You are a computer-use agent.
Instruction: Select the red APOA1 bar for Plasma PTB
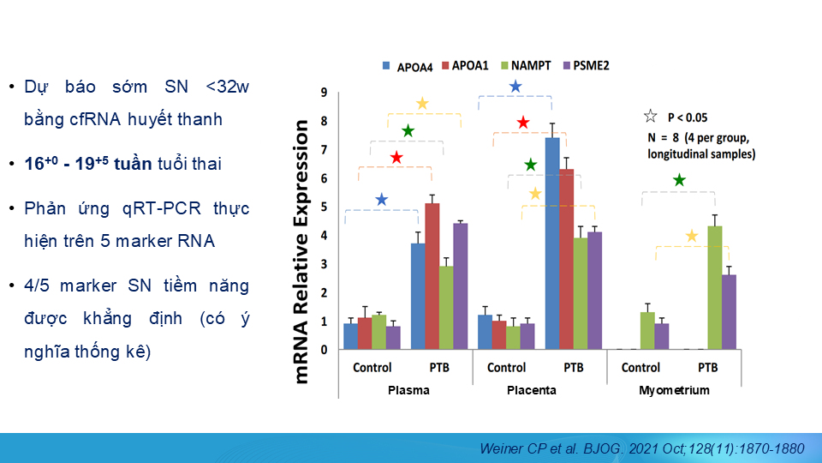tap(432, 275)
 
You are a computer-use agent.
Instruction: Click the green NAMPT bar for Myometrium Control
tap(647, 330)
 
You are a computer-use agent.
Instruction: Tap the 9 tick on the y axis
tap(324, 93)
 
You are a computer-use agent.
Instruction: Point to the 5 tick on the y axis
tap(324, 207)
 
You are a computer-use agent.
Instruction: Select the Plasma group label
tap(408, 390)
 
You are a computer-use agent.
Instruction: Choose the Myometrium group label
tap(674, 390)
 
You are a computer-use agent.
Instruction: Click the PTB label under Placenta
tap(574, 368)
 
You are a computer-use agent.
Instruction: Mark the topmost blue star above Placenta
tap(515, 87)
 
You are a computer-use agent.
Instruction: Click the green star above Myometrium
tap(679, 180)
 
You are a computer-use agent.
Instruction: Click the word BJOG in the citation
tap(611, 448)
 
